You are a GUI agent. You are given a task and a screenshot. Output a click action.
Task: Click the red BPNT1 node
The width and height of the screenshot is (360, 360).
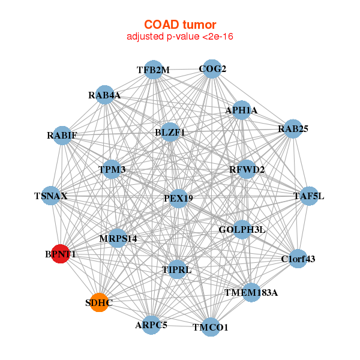point(60,253)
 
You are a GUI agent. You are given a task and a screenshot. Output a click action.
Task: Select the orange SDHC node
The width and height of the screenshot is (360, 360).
point(98,302)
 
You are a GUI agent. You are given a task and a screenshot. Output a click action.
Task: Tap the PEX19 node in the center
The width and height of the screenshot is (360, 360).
point(178,198)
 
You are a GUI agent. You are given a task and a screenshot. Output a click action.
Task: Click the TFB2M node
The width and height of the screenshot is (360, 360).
point(154,70)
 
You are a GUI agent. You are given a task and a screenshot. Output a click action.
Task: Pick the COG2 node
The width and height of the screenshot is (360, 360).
point(211,69)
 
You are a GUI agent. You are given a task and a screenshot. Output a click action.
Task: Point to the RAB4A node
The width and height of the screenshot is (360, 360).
point(105,95)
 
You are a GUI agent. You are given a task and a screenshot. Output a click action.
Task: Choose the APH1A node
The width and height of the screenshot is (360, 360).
point(241,110)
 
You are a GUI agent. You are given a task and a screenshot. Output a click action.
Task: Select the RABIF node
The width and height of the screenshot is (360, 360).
point(62,134)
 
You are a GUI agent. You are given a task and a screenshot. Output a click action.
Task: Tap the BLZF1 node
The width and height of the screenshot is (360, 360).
point(170,132)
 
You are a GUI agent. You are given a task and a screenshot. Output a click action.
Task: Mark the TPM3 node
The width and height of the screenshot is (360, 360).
point(112,170)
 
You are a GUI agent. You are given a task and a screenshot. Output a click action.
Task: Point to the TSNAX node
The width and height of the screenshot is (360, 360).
point(51,196)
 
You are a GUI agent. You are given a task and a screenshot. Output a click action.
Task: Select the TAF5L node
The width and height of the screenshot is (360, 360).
point(308,196)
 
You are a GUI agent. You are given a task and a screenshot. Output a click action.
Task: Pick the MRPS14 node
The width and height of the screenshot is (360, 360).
point(118,238)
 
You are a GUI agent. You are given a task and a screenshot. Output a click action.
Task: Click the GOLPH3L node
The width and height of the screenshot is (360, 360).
point(242,229)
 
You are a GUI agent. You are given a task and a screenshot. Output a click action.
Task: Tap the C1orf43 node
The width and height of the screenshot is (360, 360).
point(298,259)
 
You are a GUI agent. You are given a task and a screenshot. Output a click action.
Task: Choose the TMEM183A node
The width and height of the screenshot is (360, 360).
point(251,293)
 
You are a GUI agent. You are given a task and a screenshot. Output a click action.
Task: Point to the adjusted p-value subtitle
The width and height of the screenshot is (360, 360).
point(179,37)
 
